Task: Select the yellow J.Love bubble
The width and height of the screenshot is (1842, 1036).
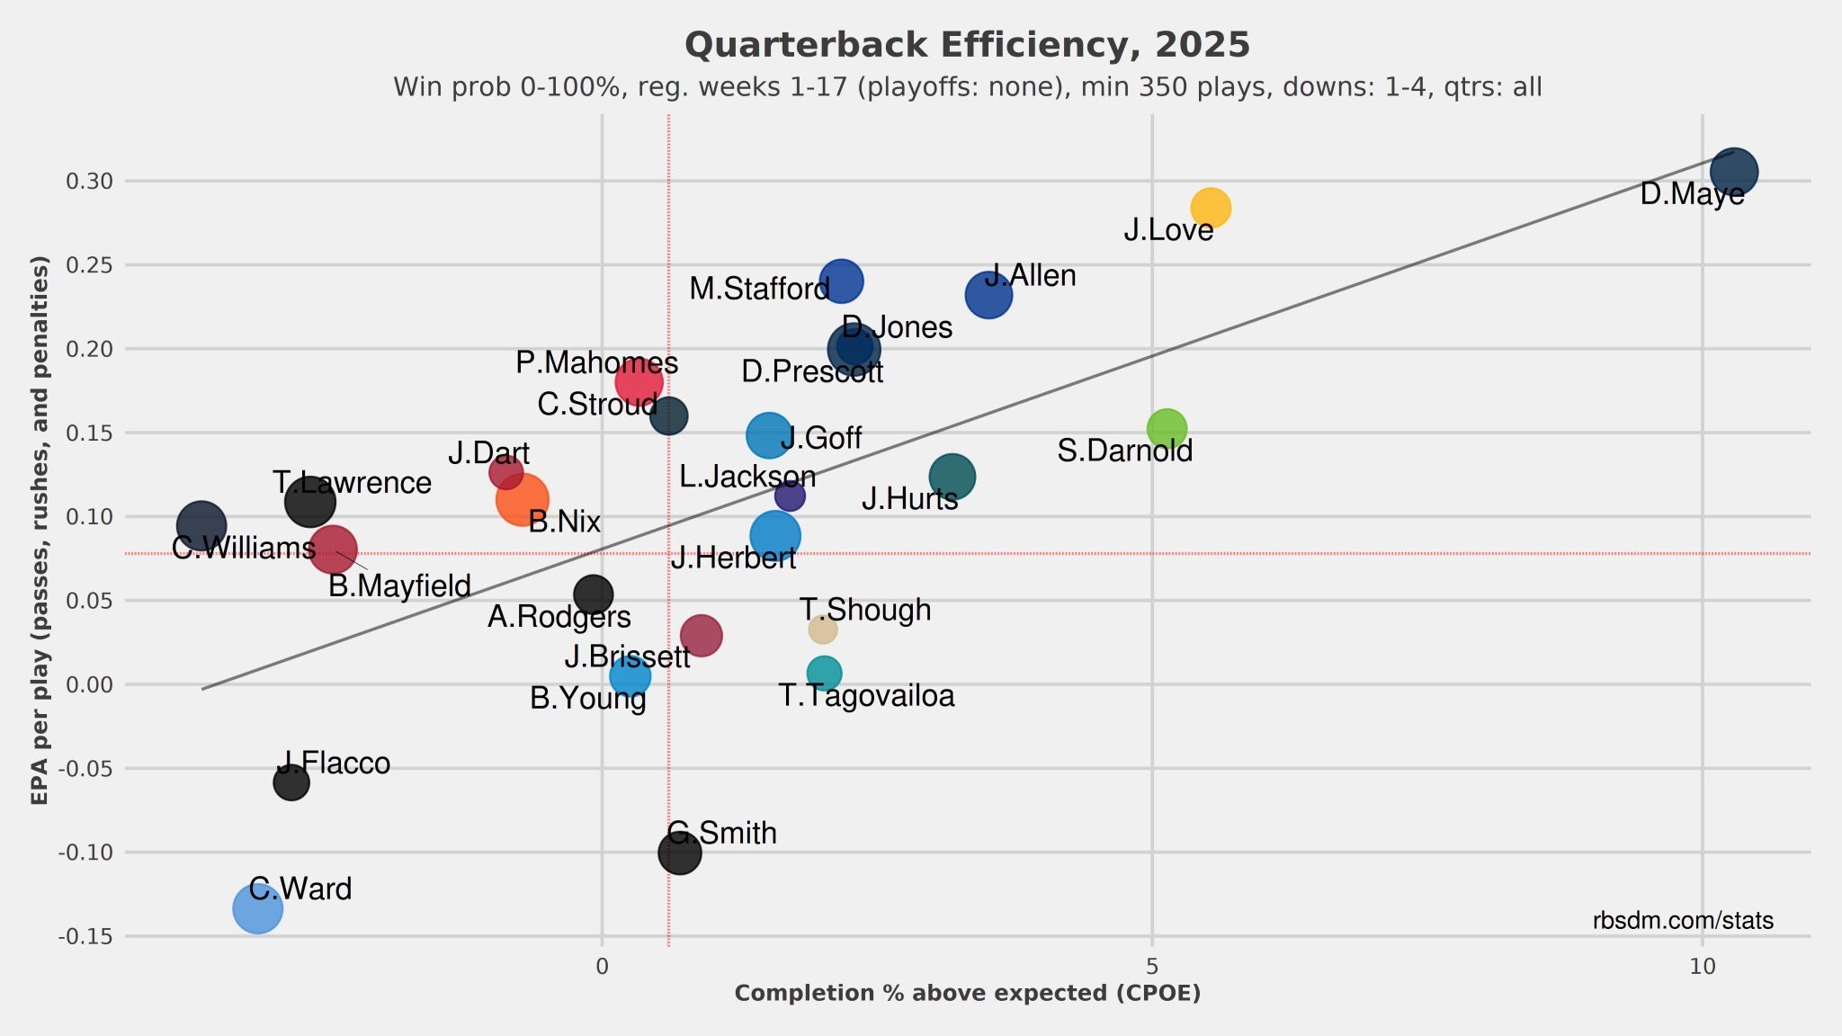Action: click(x=1211, y=208)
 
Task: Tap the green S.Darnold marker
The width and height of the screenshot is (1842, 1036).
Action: click(x=1167, y=428)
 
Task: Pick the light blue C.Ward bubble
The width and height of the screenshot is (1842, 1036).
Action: click(x=257, y=908)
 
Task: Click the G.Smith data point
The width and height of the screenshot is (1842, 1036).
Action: click(x=679, y=853)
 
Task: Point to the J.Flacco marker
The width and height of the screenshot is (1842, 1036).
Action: click(x=291, y=782)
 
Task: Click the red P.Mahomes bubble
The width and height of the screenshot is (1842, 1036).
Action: click(x=639, y=380)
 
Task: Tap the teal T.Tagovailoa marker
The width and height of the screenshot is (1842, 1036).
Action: click(x=824, y=673)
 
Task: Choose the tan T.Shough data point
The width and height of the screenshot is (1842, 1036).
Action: click(x=822, y=629)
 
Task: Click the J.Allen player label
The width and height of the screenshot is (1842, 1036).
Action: click(x=1031, y=275)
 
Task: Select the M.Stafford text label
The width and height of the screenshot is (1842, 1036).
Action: click(x=759, y=289)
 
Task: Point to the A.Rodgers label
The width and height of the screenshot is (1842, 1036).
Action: click(x=559, y=617)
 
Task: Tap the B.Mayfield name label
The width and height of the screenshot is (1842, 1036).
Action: click(x=399, y=586)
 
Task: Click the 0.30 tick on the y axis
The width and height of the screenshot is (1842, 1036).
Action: click(x=89, y=182)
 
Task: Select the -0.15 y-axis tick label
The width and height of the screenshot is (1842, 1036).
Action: click(x=85, y=937)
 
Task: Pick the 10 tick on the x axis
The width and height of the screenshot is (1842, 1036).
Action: click(x=1702, y=967)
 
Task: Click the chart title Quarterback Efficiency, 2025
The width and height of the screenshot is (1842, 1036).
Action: click(x=967, y=45)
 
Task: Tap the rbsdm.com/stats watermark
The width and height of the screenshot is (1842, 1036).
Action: click(x=1682, y=921)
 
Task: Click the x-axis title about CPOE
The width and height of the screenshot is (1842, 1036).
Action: click(x=967, y=994)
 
